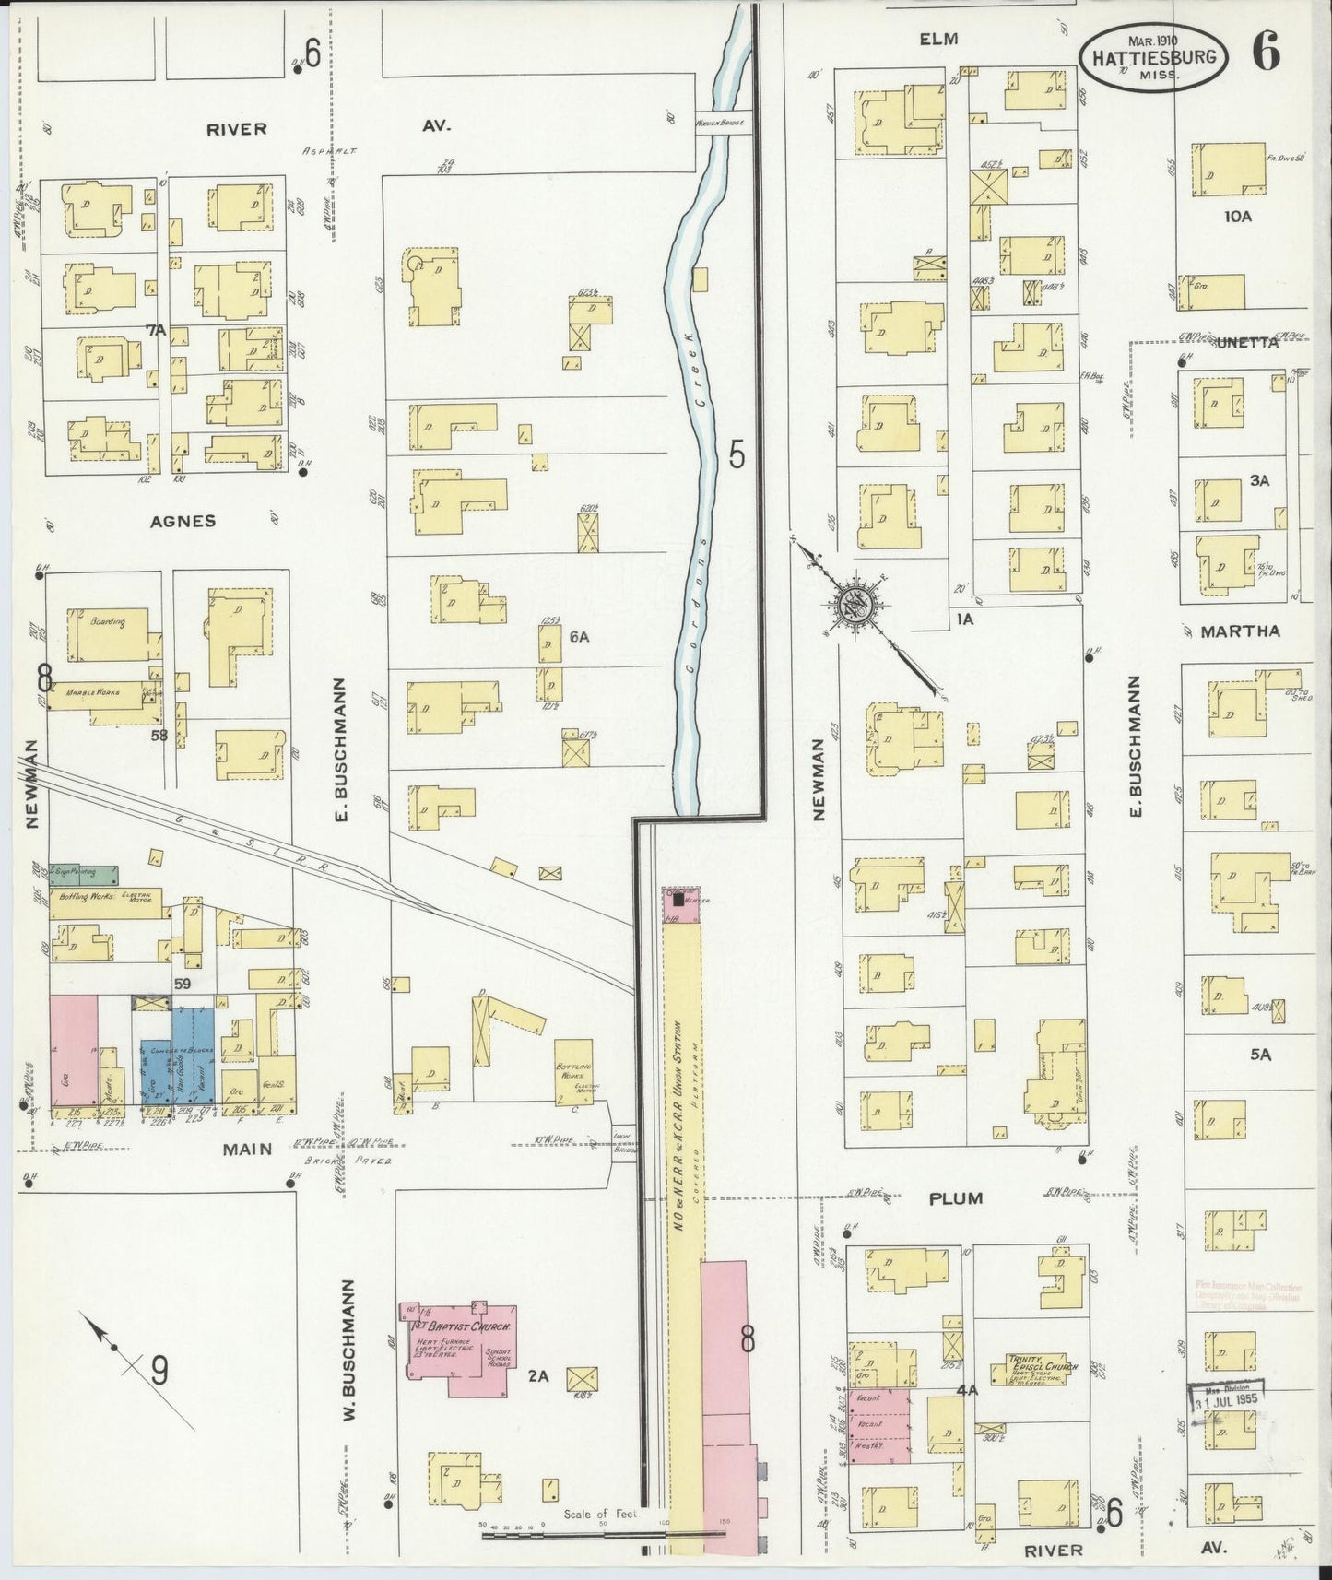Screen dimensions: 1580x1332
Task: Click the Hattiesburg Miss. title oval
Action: tap(1154, 57)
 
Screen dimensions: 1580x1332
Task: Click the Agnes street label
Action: tap(183, 521)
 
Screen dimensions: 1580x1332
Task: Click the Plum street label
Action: tap(956, 1197)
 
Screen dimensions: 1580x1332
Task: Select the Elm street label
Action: tap(938, 39)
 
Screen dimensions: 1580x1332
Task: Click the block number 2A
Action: tap(537, 1377)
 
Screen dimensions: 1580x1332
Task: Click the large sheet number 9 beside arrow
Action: tap(159, 1373)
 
